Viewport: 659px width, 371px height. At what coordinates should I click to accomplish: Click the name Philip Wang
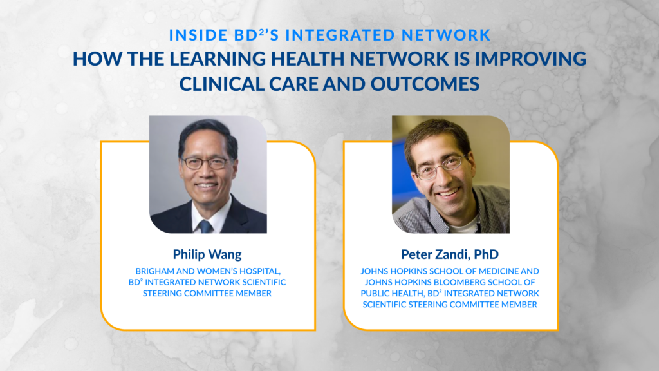[x=207, y=254]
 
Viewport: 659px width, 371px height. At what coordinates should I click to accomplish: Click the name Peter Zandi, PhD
[x=450, y=254]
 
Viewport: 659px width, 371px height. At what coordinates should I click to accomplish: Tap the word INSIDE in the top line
[x=198, y=35]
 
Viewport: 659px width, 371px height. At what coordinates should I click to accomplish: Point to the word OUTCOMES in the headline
[x=425, y=84]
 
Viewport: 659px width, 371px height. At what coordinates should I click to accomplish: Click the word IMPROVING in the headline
[x=530, y=59]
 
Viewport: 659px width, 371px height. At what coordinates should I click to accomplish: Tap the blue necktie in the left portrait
[x=205, y=226]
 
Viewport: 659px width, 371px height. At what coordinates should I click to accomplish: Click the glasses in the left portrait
[x=206, y=162]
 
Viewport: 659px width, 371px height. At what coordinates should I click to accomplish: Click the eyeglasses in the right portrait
[x=441, y=167]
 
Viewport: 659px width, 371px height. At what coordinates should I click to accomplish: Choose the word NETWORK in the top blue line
[x=446, y=35]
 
